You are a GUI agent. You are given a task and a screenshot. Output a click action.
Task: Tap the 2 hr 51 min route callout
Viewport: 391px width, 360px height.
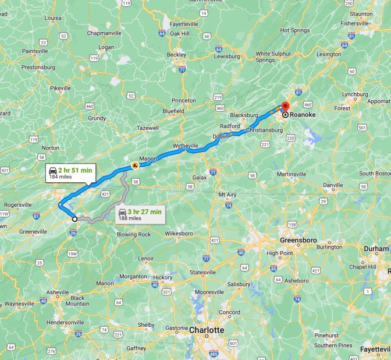(69, 173)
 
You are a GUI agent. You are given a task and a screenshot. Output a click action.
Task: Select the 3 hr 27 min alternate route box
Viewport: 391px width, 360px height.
(139, 214)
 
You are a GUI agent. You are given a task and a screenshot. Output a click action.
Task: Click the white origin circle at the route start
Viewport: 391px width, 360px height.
(74, 219)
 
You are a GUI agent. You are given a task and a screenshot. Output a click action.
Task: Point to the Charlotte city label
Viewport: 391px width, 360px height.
(207, 330)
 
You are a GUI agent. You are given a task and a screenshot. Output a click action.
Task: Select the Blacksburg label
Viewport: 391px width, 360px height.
(243, 115)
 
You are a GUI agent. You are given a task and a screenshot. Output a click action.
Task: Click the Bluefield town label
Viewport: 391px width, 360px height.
(173, 111)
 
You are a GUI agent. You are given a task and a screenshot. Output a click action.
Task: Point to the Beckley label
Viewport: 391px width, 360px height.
(176, 55)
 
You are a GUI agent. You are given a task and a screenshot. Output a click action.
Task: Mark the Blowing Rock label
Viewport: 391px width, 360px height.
(133, 235)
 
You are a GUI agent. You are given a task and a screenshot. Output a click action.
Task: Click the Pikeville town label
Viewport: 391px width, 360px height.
(60, 89)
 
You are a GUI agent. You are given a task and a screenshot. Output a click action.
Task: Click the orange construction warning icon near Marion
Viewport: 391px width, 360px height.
(135, 165)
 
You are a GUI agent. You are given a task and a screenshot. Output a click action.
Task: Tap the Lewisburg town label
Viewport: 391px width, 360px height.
(227, 57)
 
